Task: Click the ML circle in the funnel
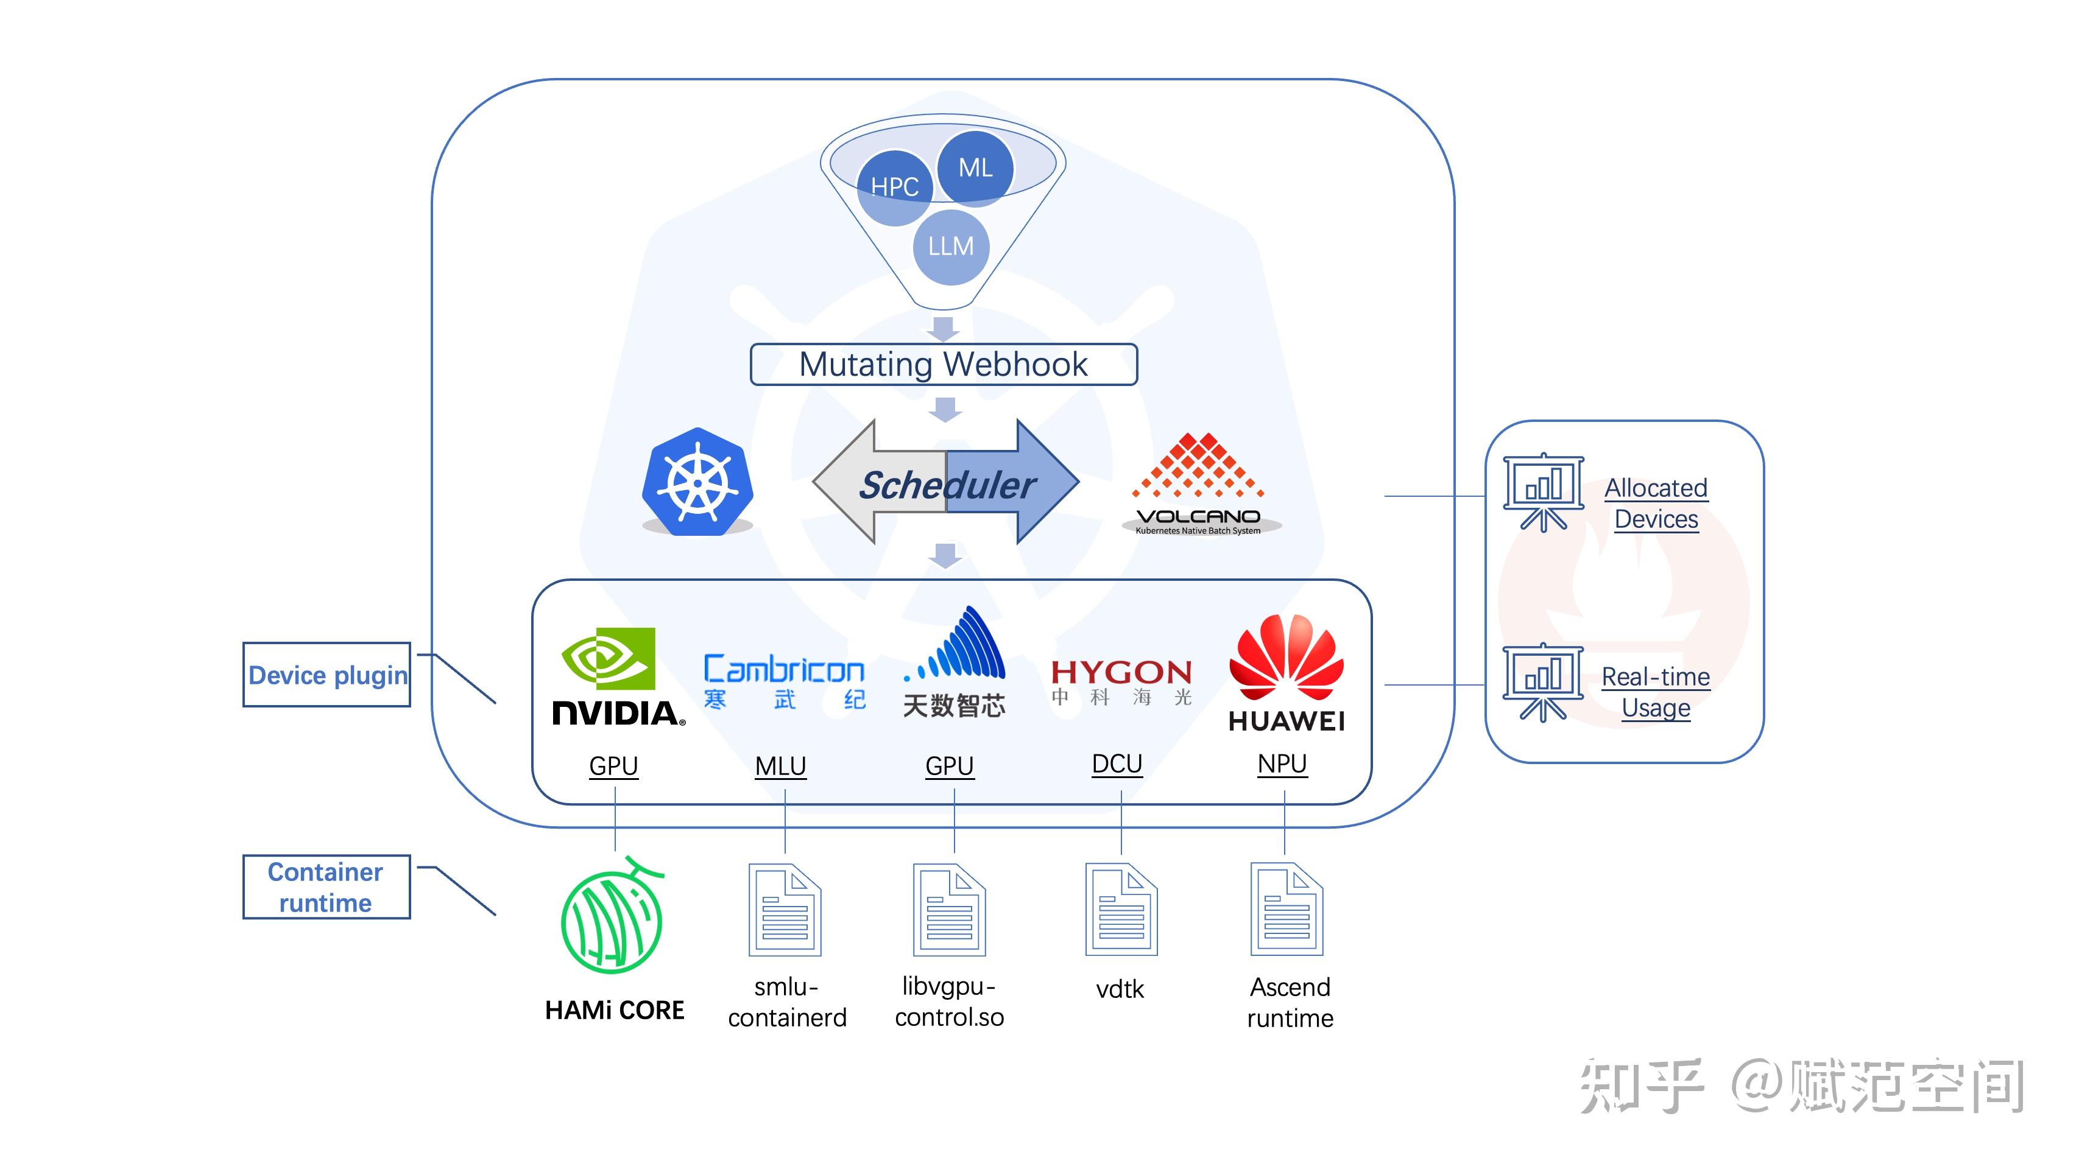(975, 168)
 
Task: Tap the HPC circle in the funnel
(894, 187)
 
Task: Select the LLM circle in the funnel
(951, 246)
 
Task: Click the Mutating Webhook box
(944, 365)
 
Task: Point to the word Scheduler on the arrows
(946, 485)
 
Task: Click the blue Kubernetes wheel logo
(697, 482)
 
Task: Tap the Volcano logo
(1199, 484)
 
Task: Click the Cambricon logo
(783, 682)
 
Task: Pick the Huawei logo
(1287, 673)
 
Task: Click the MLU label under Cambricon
(780, 765)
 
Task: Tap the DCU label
(1117, 763)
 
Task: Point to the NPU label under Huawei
(1282, 763)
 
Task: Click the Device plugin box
(327, 675)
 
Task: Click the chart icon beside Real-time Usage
(1542, 682)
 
